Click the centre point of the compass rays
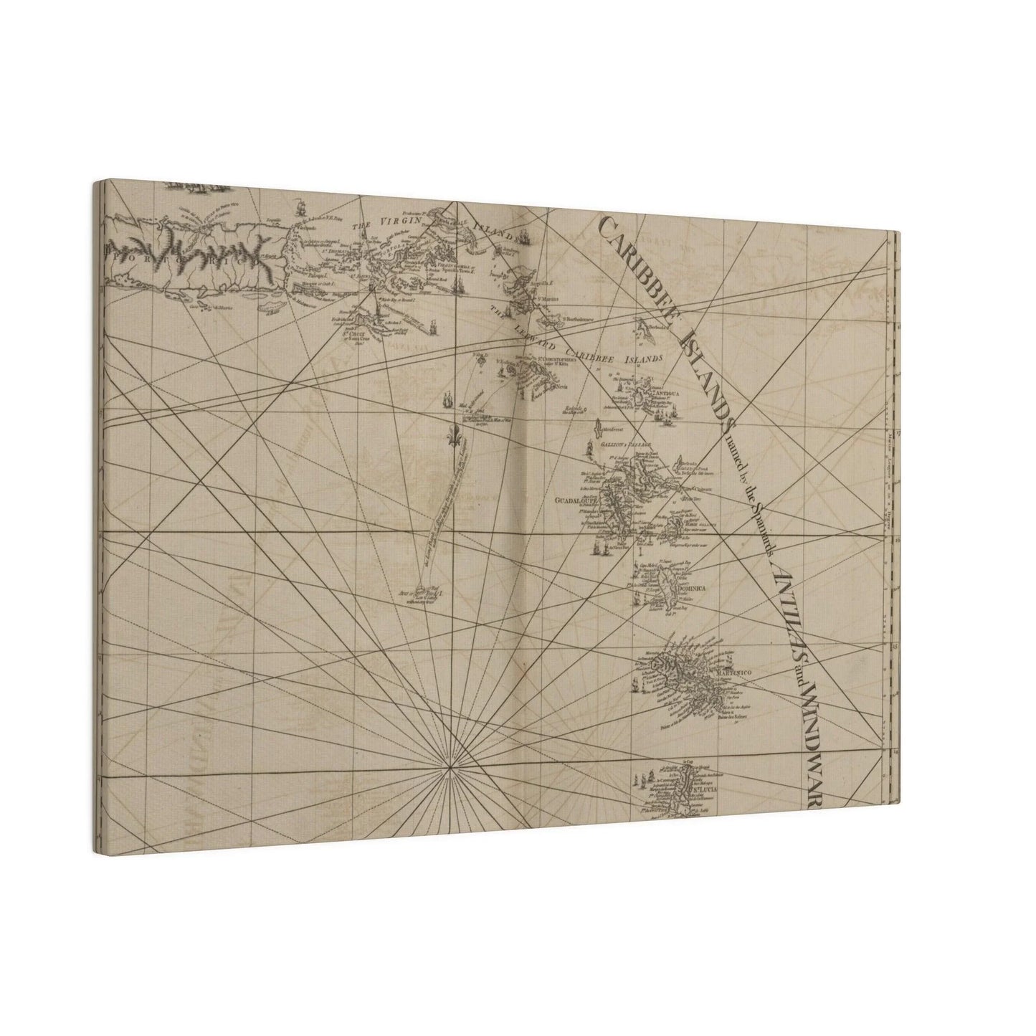[x=450, y=767]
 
